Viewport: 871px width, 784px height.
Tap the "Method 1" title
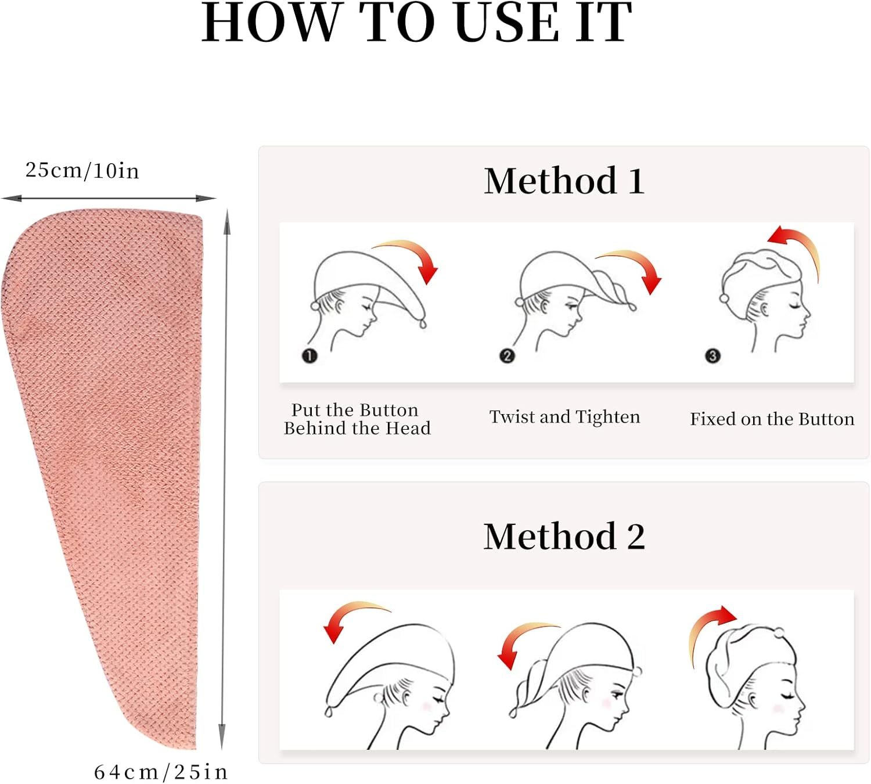564,181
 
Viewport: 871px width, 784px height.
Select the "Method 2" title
564,537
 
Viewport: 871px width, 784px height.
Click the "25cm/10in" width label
82,170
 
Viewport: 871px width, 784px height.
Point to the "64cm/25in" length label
161,772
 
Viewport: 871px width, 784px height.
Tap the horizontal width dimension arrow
109,199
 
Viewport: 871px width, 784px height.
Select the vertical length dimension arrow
225,479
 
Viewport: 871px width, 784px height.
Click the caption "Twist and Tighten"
564,416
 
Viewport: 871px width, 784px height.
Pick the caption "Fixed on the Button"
772,419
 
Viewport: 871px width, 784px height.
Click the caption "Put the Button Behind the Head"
357,419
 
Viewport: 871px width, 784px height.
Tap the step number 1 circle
309,356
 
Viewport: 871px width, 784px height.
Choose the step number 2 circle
507,356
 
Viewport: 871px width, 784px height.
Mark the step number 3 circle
712,356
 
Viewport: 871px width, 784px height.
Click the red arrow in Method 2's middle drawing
517,634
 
